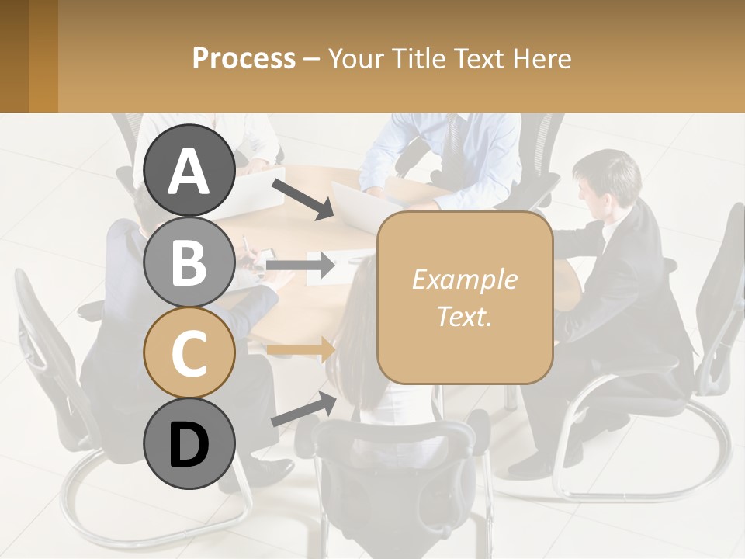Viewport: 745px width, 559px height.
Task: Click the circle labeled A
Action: click(189, 171)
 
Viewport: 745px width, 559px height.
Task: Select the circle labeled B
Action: click(189, 262)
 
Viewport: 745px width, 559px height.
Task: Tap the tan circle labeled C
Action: click(189, 352)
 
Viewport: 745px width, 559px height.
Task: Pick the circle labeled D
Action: click(189, 443)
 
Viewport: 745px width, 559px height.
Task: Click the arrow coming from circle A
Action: click(303, 198)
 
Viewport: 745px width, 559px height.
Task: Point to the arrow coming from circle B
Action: click(300, 265)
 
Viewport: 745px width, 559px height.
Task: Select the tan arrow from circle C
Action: click(300, 349)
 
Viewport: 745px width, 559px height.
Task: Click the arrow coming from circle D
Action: click(303, 409)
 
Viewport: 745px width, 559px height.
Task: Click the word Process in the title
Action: click(244, 58)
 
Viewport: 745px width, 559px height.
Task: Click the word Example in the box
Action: click(464, 279)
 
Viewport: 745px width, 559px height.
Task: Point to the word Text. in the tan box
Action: click(464, 316)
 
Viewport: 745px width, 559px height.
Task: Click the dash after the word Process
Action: click(312, 59)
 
